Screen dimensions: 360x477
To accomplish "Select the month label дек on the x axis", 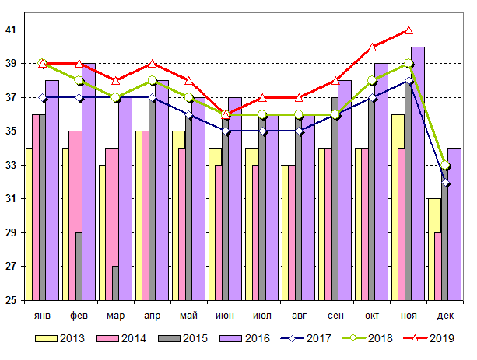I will pos(444,316).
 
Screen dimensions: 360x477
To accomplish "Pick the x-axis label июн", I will pos(225,316).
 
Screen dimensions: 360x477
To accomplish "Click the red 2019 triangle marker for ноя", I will pos(409,30).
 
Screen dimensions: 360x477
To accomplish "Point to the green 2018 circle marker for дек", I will pos(445,165).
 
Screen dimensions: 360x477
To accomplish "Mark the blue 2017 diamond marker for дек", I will pos(445,182).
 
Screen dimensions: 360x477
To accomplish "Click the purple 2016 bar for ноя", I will pos(417,173).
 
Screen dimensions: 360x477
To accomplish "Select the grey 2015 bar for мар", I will pos(116,283).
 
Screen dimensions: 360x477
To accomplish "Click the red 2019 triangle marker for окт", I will pos(372,47).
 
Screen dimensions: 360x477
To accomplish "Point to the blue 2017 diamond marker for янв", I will pos(43,98).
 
